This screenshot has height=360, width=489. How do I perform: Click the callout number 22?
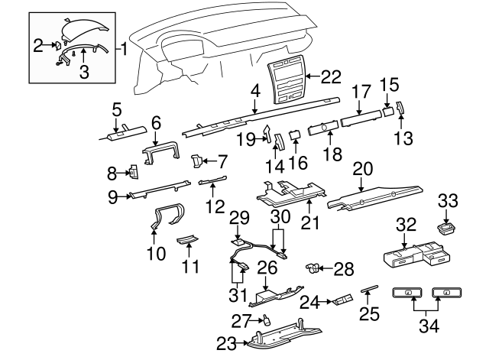[329, 76]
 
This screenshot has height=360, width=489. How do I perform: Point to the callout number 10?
[156, 253]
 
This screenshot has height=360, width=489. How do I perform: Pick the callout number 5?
[116, 109]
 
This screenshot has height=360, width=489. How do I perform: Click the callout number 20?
[364, 168]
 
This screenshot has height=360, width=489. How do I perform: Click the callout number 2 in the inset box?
[38, 47]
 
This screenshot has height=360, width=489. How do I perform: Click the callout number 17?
[360, 89]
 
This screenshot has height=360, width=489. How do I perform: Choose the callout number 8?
[111, 172]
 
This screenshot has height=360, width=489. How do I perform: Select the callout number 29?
[240, 219]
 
